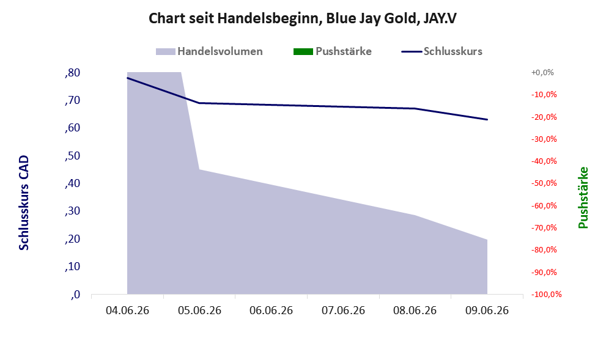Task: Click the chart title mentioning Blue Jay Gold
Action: pyautogui.click(x=303, y=18)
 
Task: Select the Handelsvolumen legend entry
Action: pyautogui.click(x=209, y=51)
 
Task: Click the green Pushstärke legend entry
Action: pyautogui.click(x=333, y=51)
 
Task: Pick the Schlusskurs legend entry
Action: pyautogui.click(x=442, y=51)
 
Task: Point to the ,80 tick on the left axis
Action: pyautogui.click(x=73, y=73)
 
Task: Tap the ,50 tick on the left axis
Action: pyautogui.click(x=73, y=156)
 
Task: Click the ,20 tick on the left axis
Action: pyautogui.click(x=73, y=239)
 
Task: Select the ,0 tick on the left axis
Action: pyautogui.click(x=75, y=295)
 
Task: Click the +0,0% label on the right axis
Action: pyautogui.click(x=542, y=73)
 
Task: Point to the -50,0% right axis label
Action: pyautogui.click(x=544, y=183)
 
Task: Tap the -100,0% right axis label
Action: pyautogui.click(x=547, y=295)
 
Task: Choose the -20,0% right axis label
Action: pyautogui.click(x=544, y=117)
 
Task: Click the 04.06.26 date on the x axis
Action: pyautogui.click(x=128, y=310)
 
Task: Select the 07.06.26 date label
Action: pyautogui.click(x=343, y=310)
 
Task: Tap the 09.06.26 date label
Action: pyautogui.click(x=487, y=310)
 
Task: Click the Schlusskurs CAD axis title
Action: pyautogui.click(x=24, y=203)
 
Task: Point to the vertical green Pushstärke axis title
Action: pyautogui.click(x=583, y=197)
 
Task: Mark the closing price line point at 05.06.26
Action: pyautogui.click(x=199, y=103)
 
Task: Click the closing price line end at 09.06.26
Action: pyautogui.click(x=487, y=119)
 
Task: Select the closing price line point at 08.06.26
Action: pyautogui.click(x=415, y=109)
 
